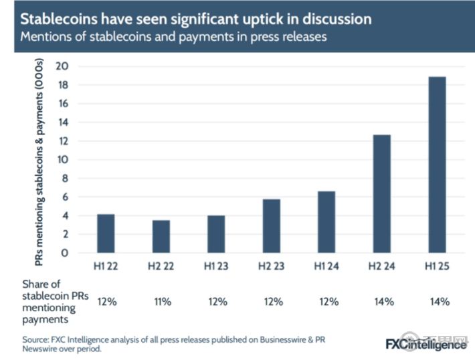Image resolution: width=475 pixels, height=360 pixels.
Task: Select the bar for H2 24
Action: pos(382,193)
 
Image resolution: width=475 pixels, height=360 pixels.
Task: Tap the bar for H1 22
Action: pos(106,233)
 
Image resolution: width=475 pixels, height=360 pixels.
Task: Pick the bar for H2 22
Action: pos(161,236)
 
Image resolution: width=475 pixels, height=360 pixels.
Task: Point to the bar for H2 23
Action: pos(272,226)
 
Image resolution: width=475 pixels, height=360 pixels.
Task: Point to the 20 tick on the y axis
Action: pos(63,66)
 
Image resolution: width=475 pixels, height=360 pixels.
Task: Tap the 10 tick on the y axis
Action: pos(63,159)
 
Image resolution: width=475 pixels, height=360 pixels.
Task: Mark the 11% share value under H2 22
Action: pos(162,301)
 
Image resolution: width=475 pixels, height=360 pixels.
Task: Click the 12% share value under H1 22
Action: pos(107,301)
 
